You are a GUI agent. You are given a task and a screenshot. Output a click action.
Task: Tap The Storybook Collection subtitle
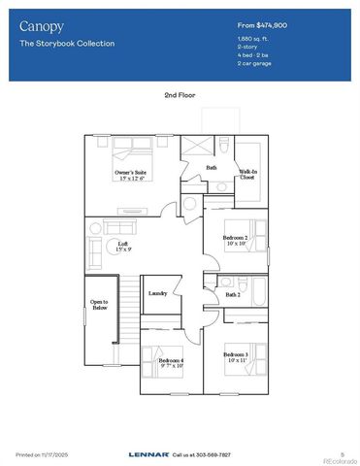(x=67, y=44)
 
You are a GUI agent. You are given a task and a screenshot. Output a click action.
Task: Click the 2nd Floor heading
(x=180, y=94)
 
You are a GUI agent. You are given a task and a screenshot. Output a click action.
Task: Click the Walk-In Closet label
(x=247, y=176)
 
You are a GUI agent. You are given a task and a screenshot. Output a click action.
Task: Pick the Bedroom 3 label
(x=236, y=356)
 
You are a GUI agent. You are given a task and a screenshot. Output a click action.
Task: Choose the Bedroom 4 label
(x=171, y=362)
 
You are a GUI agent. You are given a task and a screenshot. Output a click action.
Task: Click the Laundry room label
(x=159, y=293)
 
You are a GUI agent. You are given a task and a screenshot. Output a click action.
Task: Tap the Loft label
(x=123, y=247)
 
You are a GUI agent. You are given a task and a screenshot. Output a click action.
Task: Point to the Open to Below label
(x=100, y=307)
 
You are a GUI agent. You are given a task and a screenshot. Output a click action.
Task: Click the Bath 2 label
(x=233, y=294)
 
